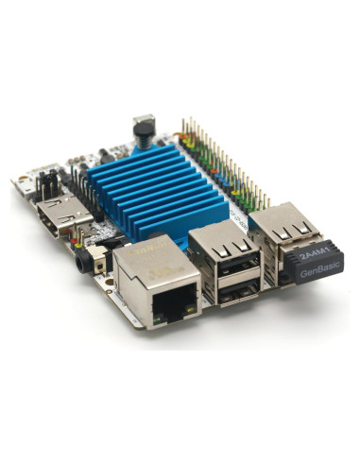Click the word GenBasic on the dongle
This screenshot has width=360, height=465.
click(314, 269)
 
